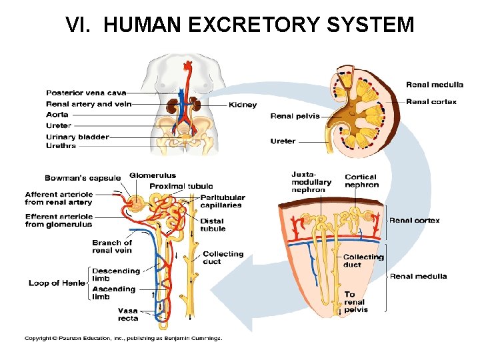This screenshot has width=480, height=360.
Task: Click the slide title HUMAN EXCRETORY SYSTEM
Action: [x=240, y=25]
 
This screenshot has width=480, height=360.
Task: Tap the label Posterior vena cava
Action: [x=85, y=93]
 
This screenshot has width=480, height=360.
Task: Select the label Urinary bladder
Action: [x=77, y=137]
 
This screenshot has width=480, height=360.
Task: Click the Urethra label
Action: [x=61, y=146]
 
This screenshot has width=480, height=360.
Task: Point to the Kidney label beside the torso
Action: [x=243, y=105]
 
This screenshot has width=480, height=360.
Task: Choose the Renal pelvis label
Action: [x=295, y=116]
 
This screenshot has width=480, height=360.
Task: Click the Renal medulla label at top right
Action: [x=435, y=85]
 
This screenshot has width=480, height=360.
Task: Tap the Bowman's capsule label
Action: [x=83, y=178]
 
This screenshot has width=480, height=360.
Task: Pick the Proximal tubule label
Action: [x=181, y=186]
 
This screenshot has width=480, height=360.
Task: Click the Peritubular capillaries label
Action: [x=223, y=201]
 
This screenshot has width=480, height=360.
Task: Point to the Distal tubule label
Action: [x=213, y=225]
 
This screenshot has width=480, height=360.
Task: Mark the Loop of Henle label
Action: [x=57, y=283]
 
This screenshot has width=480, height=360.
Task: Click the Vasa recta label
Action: [x=128, y=315]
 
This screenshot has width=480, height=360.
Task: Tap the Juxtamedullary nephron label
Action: [x=311, y=182]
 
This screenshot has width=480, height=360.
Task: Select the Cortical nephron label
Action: [x=361, y=181]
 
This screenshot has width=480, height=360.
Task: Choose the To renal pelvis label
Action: [x=355, y=302]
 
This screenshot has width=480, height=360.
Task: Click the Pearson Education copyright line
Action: [x=123, y=338]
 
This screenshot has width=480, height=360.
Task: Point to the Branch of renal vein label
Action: [x=112, y=247]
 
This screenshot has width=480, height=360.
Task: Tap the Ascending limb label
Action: [x=114, y=293]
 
